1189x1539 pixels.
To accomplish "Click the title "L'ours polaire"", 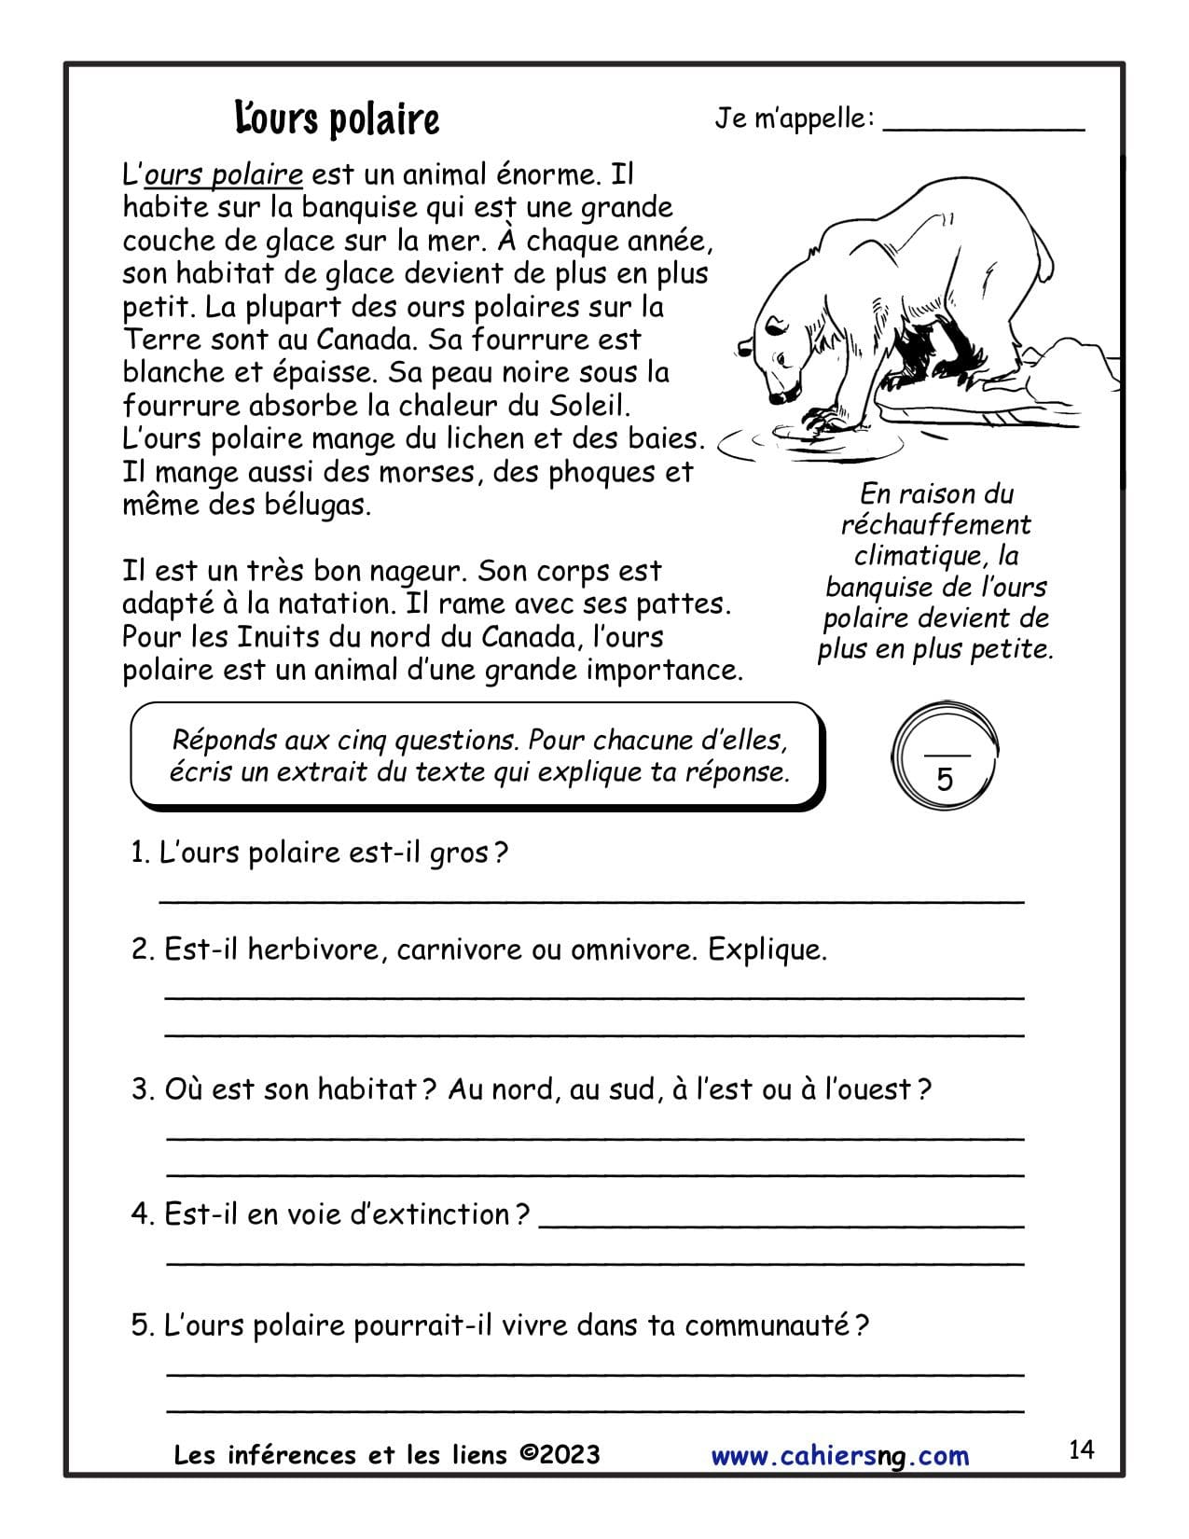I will click(337, 119).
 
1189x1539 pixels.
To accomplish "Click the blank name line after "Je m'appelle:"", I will click(983, 127).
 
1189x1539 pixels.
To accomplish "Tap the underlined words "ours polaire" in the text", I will click(224, 174).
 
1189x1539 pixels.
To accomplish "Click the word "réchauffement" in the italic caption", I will click(935, 524).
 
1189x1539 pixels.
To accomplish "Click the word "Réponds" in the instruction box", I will click(225, 741).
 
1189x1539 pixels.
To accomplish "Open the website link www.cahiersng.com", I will click(839, 1456).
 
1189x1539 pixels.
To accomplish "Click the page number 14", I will click(1081, 1449).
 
